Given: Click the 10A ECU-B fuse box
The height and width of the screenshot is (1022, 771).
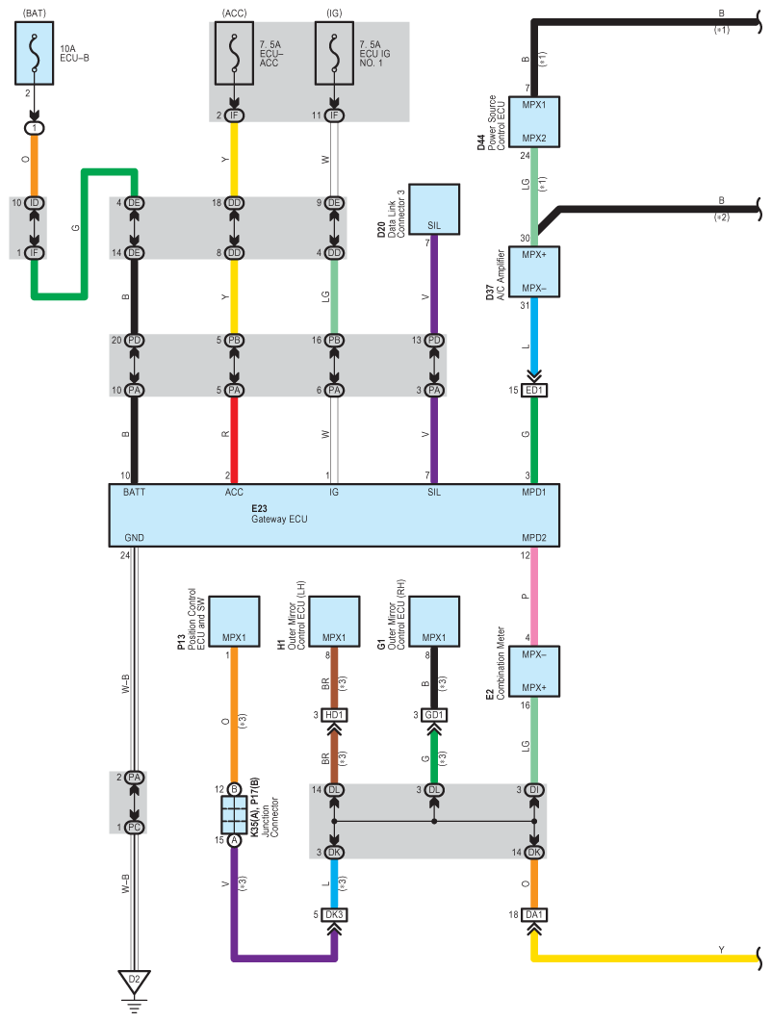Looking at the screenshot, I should point(35,55).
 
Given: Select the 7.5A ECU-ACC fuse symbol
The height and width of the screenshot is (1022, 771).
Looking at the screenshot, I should point(234,55).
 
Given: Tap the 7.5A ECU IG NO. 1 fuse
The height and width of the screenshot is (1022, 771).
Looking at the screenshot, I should point(334,55).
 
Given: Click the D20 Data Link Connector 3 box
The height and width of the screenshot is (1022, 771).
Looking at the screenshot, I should point(434,208).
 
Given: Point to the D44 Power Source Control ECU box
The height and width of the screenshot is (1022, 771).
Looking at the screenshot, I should point(533,120).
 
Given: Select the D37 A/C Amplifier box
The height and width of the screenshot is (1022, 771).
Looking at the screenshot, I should point(533,270).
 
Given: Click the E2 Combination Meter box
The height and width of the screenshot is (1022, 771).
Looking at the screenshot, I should point(533,671).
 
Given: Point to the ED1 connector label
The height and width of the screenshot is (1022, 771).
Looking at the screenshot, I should point(535,390).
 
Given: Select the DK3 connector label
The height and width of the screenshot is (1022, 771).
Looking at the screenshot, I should point(335,914).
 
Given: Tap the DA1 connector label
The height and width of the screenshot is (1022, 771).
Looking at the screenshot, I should point(535,914).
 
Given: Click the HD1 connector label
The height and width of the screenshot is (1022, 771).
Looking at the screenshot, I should point(335,715).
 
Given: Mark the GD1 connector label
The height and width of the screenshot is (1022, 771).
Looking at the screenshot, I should point(435,715).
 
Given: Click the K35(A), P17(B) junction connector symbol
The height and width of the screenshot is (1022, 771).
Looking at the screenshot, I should point(234,814).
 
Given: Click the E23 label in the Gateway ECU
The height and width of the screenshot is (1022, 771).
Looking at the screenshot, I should point(261,507).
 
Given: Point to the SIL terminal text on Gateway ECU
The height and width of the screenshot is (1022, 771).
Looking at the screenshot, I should point(434,493).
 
